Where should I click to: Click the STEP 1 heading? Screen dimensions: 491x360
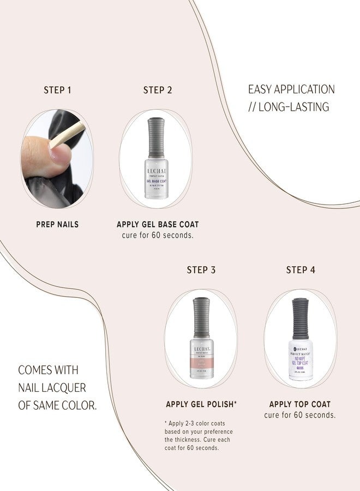[57, 90]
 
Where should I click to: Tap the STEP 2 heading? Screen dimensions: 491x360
[158, 90]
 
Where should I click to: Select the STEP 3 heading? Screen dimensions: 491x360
[201, 270]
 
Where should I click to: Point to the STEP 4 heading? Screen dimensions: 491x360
[301, 270]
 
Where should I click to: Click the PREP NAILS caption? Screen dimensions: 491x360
[57, 224]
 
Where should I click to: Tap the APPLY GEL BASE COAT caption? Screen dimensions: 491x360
[158, 224]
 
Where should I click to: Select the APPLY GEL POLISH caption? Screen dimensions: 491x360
[201, 404]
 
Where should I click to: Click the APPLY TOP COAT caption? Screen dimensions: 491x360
[300, 404]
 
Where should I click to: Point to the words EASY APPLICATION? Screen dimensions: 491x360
[291, 89]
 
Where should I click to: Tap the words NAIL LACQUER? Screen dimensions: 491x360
[52, 387]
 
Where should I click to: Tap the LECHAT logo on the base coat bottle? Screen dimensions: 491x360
[155, 171]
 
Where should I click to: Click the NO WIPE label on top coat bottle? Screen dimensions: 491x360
[301, 360]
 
